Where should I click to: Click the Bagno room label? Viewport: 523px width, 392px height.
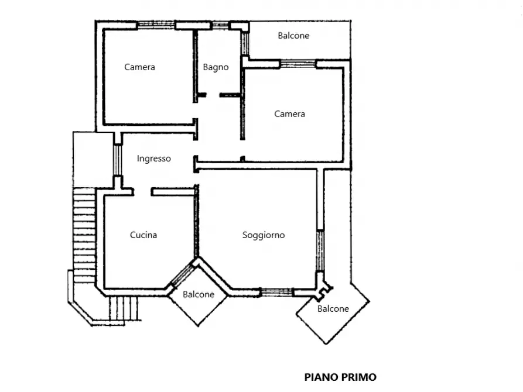(216, 67)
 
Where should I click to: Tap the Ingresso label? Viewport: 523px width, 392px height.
(154, 159)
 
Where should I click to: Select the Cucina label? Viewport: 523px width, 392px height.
(143, 235)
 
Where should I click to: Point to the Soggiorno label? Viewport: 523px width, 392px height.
(264, 235)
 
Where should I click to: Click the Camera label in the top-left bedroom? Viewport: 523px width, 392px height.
(139, 67)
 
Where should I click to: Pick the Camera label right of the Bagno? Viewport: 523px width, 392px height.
(289, 114)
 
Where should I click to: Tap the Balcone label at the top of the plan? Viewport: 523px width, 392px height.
(293, 36)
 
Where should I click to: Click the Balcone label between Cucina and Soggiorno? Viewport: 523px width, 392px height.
(199, 294)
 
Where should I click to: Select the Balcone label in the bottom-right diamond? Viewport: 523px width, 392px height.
(333, 309)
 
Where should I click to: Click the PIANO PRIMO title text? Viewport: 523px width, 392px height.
(340, 377)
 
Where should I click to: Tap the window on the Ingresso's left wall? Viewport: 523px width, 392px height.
(117, 160)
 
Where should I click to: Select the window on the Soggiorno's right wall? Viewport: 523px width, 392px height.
(320, 250)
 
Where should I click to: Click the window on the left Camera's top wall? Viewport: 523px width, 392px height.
(156, 25)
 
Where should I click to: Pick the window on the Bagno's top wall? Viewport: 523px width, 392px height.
(220, 25)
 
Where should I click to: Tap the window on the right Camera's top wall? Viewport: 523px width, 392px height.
(298, 64)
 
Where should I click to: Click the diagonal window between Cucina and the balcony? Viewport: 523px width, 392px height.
(182, 274)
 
